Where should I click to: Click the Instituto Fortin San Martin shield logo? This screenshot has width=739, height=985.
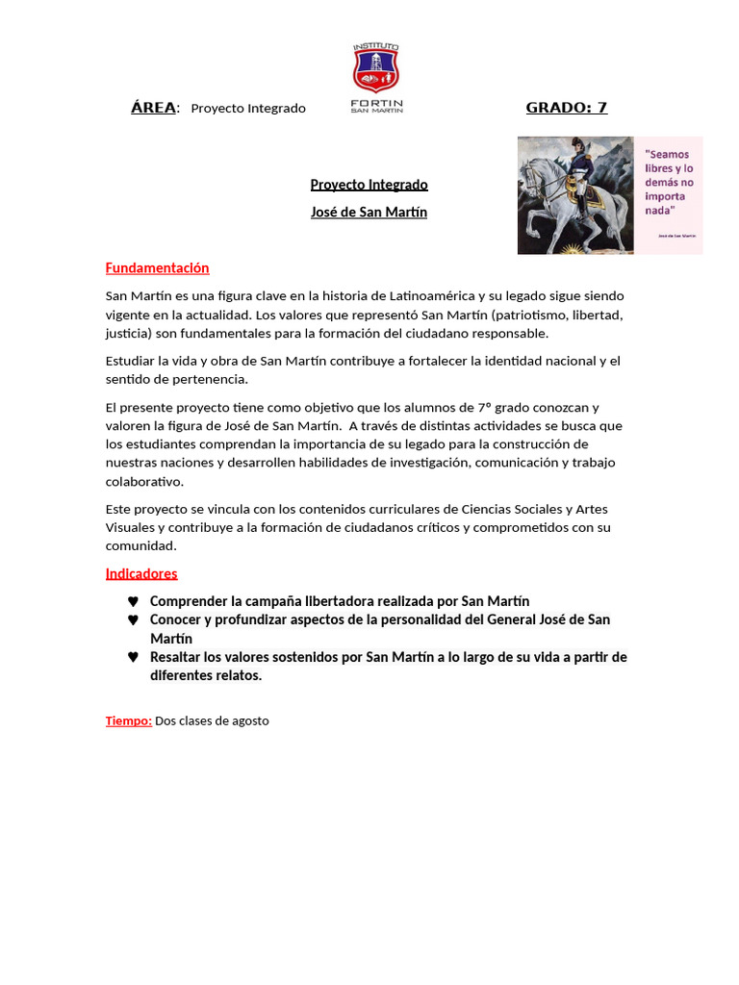tap(376, 69)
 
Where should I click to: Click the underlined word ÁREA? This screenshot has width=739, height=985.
tap(154, 108)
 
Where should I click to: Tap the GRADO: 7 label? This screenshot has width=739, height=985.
tap(566, 108)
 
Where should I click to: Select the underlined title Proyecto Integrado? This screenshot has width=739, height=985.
tap(369, 185)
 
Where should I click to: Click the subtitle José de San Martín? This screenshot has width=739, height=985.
tap(369, 213)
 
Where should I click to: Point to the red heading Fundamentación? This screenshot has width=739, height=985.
tap(157, 268)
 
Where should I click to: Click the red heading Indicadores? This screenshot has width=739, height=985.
tap(141, 574)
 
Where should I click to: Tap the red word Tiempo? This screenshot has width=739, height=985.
tap(128, 720)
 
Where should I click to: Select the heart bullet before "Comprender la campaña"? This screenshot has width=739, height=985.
tap(133, 602)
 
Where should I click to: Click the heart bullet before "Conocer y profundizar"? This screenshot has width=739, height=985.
tap(133, 620)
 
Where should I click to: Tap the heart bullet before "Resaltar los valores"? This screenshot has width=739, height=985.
tap(133, 658)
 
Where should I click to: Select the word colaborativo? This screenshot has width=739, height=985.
tap(143, 482)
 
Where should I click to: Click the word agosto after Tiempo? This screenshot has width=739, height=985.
tap(249, 720)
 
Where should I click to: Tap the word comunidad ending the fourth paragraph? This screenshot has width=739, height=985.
tap(140, 546)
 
